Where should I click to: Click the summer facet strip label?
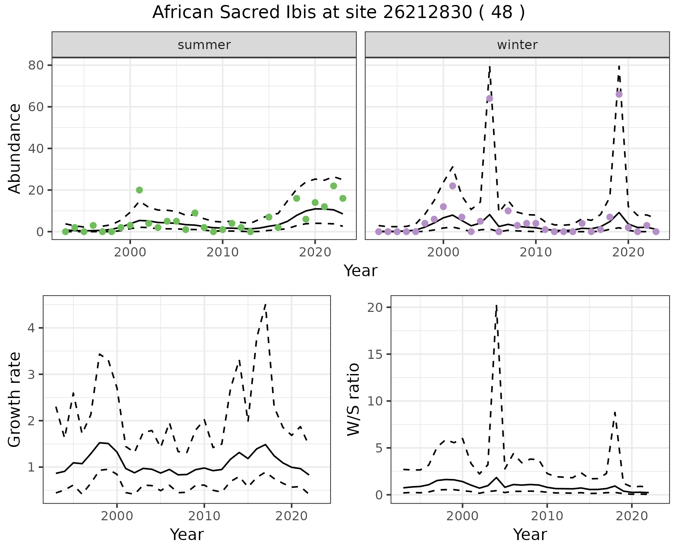pyautogui.click(x=204, y=45)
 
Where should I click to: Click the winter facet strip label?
pyautogui.click(x=517, y=45)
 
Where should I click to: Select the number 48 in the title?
pyautogui.click(x=501, y=13)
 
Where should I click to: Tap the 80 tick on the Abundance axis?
pyautogui.click(x=38, y=65)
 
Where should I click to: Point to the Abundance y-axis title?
pyautogui.click(x=15, y=148)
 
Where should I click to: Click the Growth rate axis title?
pyautogui.click(x=15, y=399)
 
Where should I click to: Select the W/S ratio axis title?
pyautogui.click(x=353, y=399)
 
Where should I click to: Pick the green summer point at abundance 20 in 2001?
pyautogui.click(x=139, y=190)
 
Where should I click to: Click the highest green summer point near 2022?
pyautogui.click(x=333, y=186)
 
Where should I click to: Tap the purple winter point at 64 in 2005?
pyautogui.click(x=489, y=99)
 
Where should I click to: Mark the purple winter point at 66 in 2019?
pyautogui.click(x=619, y=94)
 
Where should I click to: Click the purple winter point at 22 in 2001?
pyautogui.click(x=453, y=186)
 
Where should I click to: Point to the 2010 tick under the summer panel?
pyautogui.click(x=222, y=252)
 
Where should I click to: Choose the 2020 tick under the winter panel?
pyautogui.click(x=628, y=252)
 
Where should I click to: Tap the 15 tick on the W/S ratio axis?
pyautogui.click(x=374, y=354)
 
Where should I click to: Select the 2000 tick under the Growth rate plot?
pyautogui.click(x=117, y=516)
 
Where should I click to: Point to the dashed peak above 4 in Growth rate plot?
pyautogui.click(x=265, y=304)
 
